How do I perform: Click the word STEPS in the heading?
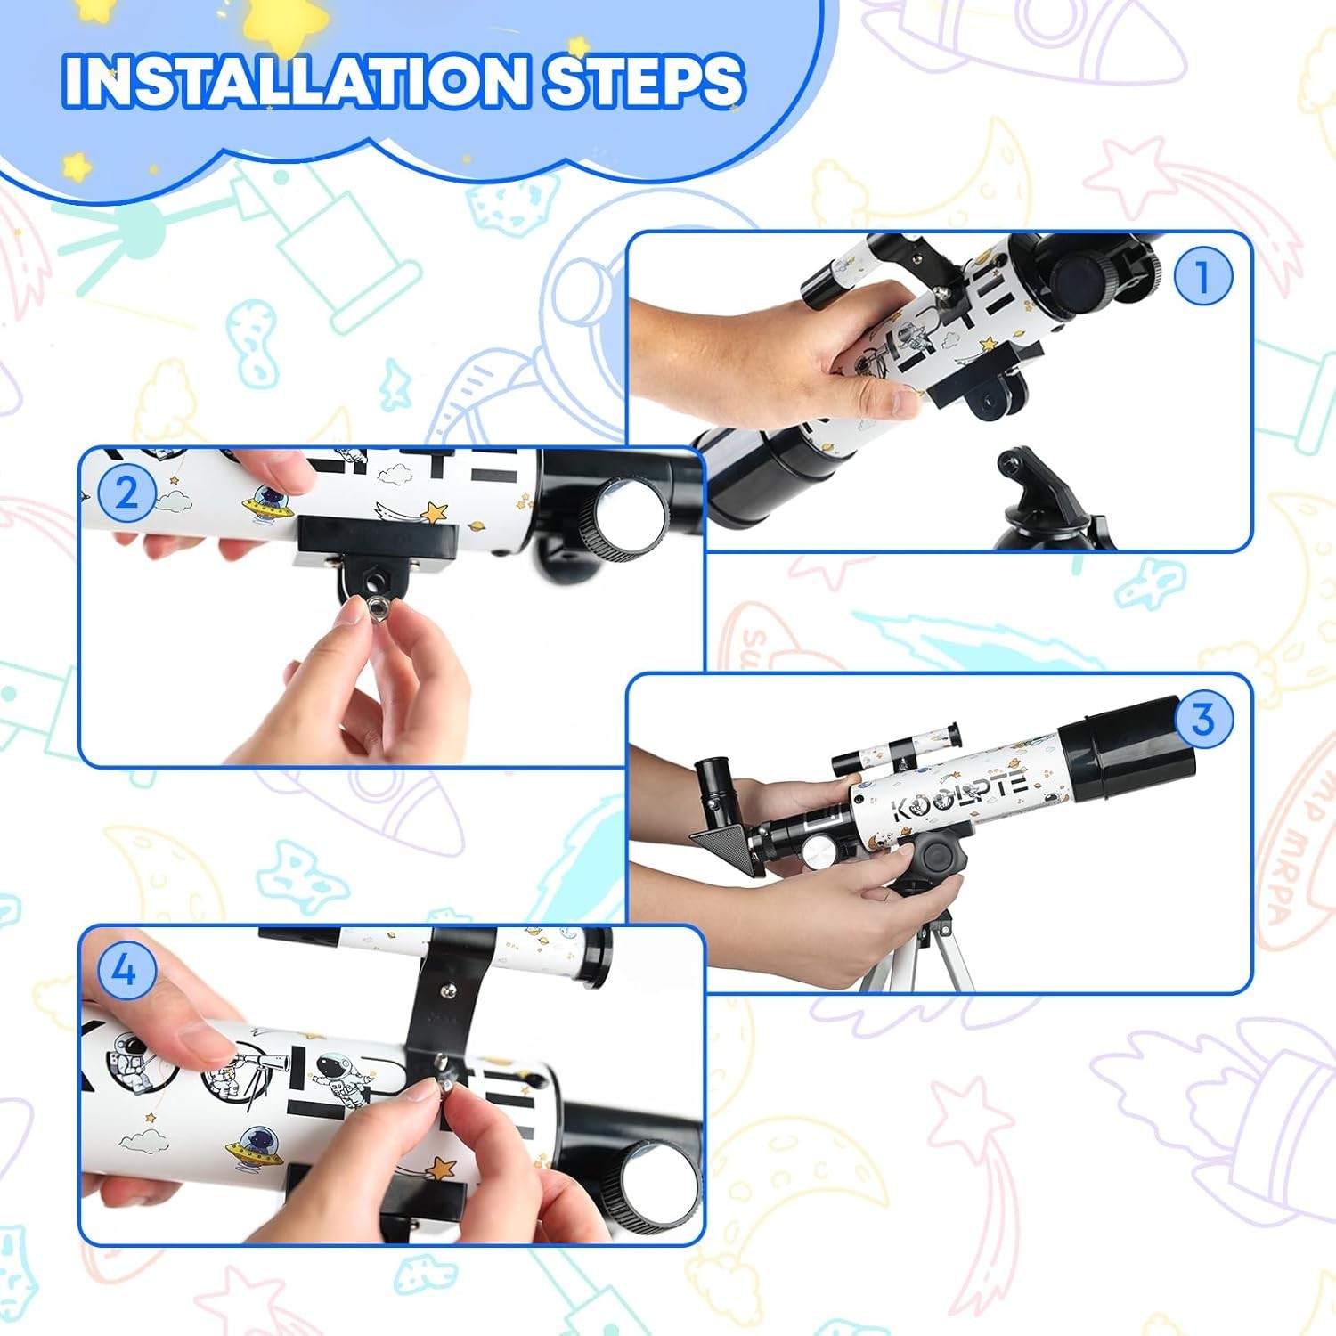(643, 81)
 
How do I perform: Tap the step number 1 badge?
(1202, 276)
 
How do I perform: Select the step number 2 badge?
(126, 492)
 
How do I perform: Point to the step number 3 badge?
(1202, 718)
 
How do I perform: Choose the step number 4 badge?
(125, 969)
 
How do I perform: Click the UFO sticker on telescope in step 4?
(254, 1145)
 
